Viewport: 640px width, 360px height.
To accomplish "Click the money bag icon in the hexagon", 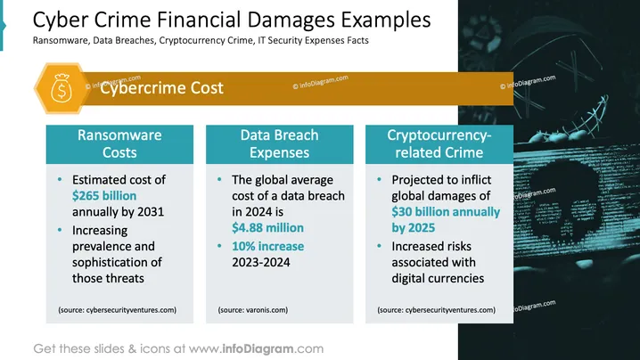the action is click(62, 87).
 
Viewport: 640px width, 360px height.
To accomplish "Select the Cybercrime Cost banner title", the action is click(161, 87).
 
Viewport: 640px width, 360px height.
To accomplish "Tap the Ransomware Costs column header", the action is click(119, 143).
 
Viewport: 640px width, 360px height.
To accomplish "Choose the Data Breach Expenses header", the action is click(279, 143).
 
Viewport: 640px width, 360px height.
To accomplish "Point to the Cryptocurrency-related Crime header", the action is click(439, 143).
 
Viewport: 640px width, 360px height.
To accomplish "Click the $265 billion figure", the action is click(104, 195).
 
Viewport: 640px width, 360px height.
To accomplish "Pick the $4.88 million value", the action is click(267, 227).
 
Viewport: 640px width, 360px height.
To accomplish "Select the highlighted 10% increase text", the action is click(267, 246).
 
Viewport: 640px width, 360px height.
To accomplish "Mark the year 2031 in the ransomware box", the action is click(151, 211).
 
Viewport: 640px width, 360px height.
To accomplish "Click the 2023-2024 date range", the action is click(261, 262).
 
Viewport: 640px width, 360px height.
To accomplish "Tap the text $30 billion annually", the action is click(446, 211).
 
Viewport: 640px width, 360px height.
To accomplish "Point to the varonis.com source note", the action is click(252, 310).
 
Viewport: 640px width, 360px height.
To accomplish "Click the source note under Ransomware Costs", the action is click(117, 310).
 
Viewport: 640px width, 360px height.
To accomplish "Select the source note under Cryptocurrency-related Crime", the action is click(437, 310).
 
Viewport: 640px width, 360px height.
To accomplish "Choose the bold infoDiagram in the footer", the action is click(258, 348).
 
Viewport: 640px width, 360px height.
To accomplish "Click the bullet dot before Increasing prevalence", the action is click(60, 230).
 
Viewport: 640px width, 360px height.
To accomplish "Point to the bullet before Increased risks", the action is click(379, 246).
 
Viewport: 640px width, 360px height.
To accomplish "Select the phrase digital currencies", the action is click(438, 278).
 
